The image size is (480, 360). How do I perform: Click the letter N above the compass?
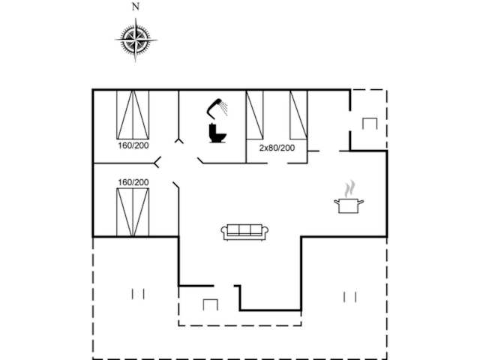tap(136, 7)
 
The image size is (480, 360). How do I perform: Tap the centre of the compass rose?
tap(136, 40)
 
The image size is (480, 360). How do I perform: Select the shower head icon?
tap(217, 108)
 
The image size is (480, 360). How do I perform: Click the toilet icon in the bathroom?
tap(217, 133)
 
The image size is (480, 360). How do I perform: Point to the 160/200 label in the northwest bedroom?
tap(133, 145)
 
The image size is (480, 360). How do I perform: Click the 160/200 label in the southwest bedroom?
tap(133, 182)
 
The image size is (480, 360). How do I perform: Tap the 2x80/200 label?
tap(277, 148)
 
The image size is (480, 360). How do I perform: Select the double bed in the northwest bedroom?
tap(133, 115)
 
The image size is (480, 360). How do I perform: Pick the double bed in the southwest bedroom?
tap(133, 212)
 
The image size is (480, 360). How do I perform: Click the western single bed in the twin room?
tap(255, 115)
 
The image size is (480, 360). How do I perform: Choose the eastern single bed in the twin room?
tap(298, 115)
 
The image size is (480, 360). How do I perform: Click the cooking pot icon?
tap(349, 205)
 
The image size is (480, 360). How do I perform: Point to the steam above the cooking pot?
tap(349, 189)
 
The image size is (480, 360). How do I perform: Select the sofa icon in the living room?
tap(244, 232)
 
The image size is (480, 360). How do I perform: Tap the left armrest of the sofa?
tap(224, 232)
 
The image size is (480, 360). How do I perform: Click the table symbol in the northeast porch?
tap(370, 123)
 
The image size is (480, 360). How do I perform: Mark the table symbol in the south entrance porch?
tap(211, 304)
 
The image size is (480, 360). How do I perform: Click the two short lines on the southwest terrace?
tap(138, 294)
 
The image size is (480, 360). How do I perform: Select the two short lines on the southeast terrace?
tap(350, 297)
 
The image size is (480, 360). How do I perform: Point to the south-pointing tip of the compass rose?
tap(136, 61)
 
